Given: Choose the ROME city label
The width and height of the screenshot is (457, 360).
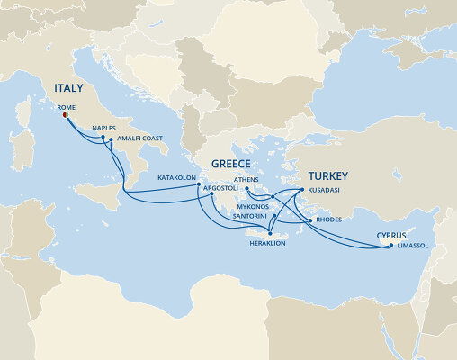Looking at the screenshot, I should click(x=67, y=105).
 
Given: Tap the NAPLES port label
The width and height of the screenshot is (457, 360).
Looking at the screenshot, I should click(x=104, y=129).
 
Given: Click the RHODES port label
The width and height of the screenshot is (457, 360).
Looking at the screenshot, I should click(x=331, y=220).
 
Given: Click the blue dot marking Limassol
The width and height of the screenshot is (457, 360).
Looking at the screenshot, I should click(x=390, y=246).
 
